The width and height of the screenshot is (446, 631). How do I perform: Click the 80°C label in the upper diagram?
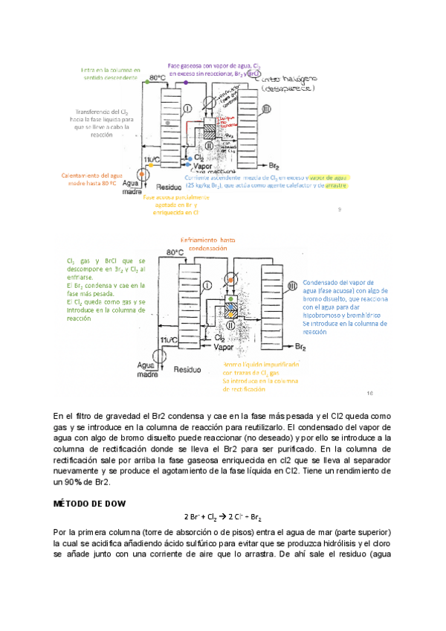pos(157,77)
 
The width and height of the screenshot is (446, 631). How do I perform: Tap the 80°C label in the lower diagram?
pos(175,253)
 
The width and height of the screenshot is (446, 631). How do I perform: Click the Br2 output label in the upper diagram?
pos(274,164)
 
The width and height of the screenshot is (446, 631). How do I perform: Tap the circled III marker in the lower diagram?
pos(293,286)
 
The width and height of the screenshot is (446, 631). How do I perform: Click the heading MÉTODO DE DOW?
pos(90,504)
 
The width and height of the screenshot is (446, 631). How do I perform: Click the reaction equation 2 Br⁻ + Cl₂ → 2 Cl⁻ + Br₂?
pos(222,517)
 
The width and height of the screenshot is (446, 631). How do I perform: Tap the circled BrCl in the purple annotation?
pos(256,74)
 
